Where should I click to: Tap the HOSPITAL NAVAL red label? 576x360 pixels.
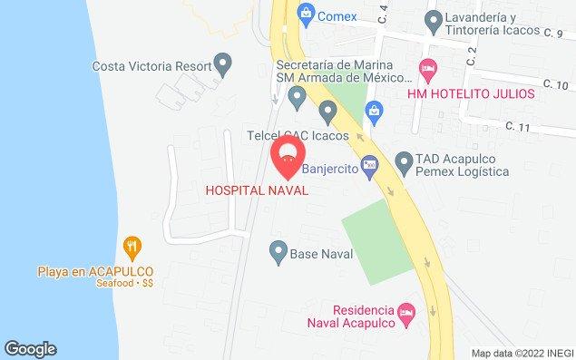[257, 190]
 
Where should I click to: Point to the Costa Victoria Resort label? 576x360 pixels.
[151, 65]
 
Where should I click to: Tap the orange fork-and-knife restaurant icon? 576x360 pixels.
[132, 246]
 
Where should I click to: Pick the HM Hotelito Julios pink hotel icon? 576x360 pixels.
[427, 68]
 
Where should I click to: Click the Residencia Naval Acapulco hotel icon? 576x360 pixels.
[407, 313]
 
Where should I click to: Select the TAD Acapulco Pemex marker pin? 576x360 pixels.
[405, 164]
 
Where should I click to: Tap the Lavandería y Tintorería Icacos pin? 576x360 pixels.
[434, 19]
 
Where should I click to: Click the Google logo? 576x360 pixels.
[30, 349]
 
